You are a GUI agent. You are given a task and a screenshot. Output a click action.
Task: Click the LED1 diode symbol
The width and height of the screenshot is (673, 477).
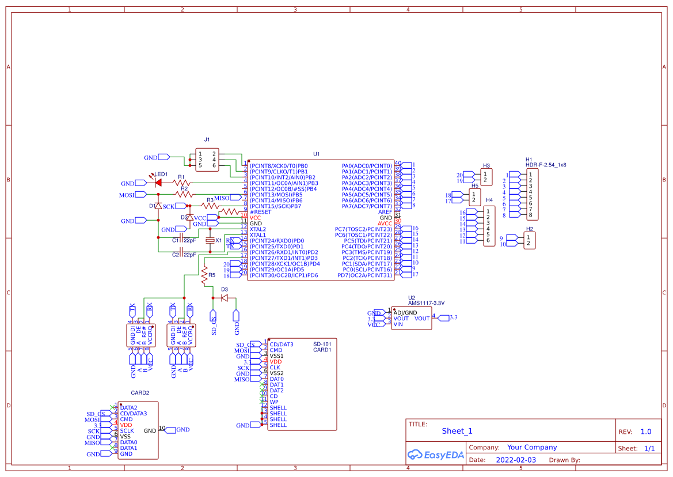tap(158, 183)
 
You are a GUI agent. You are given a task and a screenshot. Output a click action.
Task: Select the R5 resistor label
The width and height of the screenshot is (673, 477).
tap(212, 275)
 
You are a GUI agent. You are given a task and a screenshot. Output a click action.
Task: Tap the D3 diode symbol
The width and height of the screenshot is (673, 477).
tap(225, 298)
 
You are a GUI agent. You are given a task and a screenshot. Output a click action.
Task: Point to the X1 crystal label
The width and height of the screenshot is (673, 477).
tap(218, 240)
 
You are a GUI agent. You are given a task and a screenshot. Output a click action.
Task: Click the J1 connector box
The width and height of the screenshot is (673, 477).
tap(207, 160)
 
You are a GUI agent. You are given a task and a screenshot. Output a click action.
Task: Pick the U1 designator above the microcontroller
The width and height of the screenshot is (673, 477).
tap(316, 154)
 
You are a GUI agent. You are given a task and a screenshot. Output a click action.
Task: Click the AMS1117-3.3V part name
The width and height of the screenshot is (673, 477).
tap(426, 302)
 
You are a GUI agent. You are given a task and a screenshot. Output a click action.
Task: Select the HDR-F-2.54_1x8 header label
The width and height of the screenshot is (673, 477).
tap(546, 165)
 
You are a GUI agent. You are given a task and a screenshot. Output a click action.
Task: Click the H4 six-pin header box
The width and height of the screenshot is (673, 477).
tap(488, 226)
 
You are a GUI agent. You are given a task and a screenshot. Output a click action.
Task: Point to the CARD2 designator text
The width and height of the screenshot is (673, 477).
tap(140, 393)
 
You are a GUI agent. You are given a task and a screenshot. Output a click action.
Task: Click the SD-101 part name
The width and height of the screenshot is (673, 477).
tap(322, 344)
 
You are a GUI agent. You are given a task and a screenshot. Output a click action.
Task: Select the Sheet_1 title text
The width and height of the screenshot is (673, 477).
tap(457, 431)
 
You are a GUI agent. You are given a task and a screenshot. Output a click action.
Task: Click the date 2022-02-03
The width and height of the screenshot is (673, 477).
tap(515, 460)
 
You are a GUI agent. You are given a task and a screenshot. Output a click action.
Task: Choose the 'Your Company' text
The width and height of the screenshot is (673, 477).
tap(532, 447)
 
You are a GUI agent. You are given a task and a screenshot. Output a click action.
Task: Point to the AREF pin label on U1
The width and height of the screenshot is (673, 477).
tap(385, 212)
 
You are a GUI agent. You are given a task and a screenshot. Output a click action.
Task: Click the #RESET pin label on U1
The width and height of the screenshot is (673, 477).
tap(260, 212)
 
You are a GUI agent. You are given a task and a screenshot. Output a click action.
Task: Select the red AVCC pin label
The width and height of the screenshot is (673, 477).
tap(385, 224)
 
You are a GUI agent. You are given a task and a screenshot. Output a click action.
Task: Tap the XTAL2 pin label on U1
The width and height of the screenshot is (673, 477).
tap(258, 229)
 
